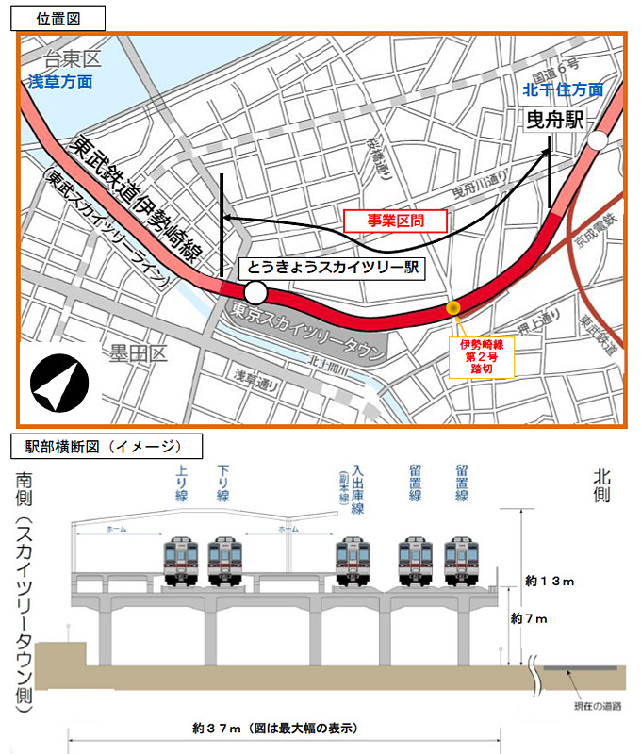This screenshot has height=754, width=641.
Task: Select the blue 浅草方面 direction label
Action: click(60, 82)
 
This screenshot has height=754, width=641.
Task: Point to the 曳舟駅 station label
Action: click(556, 120)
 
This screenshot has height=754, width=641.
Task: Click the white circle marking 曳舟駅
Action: click(597, 141)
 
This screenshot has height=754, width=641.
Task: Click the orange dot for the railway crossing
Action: click(452, 308)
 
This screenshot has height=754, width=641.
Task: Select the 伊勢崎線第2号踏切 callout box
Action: click(482, 357)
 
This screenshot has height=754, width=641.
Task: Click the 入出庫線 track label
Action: click(359, 485)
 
